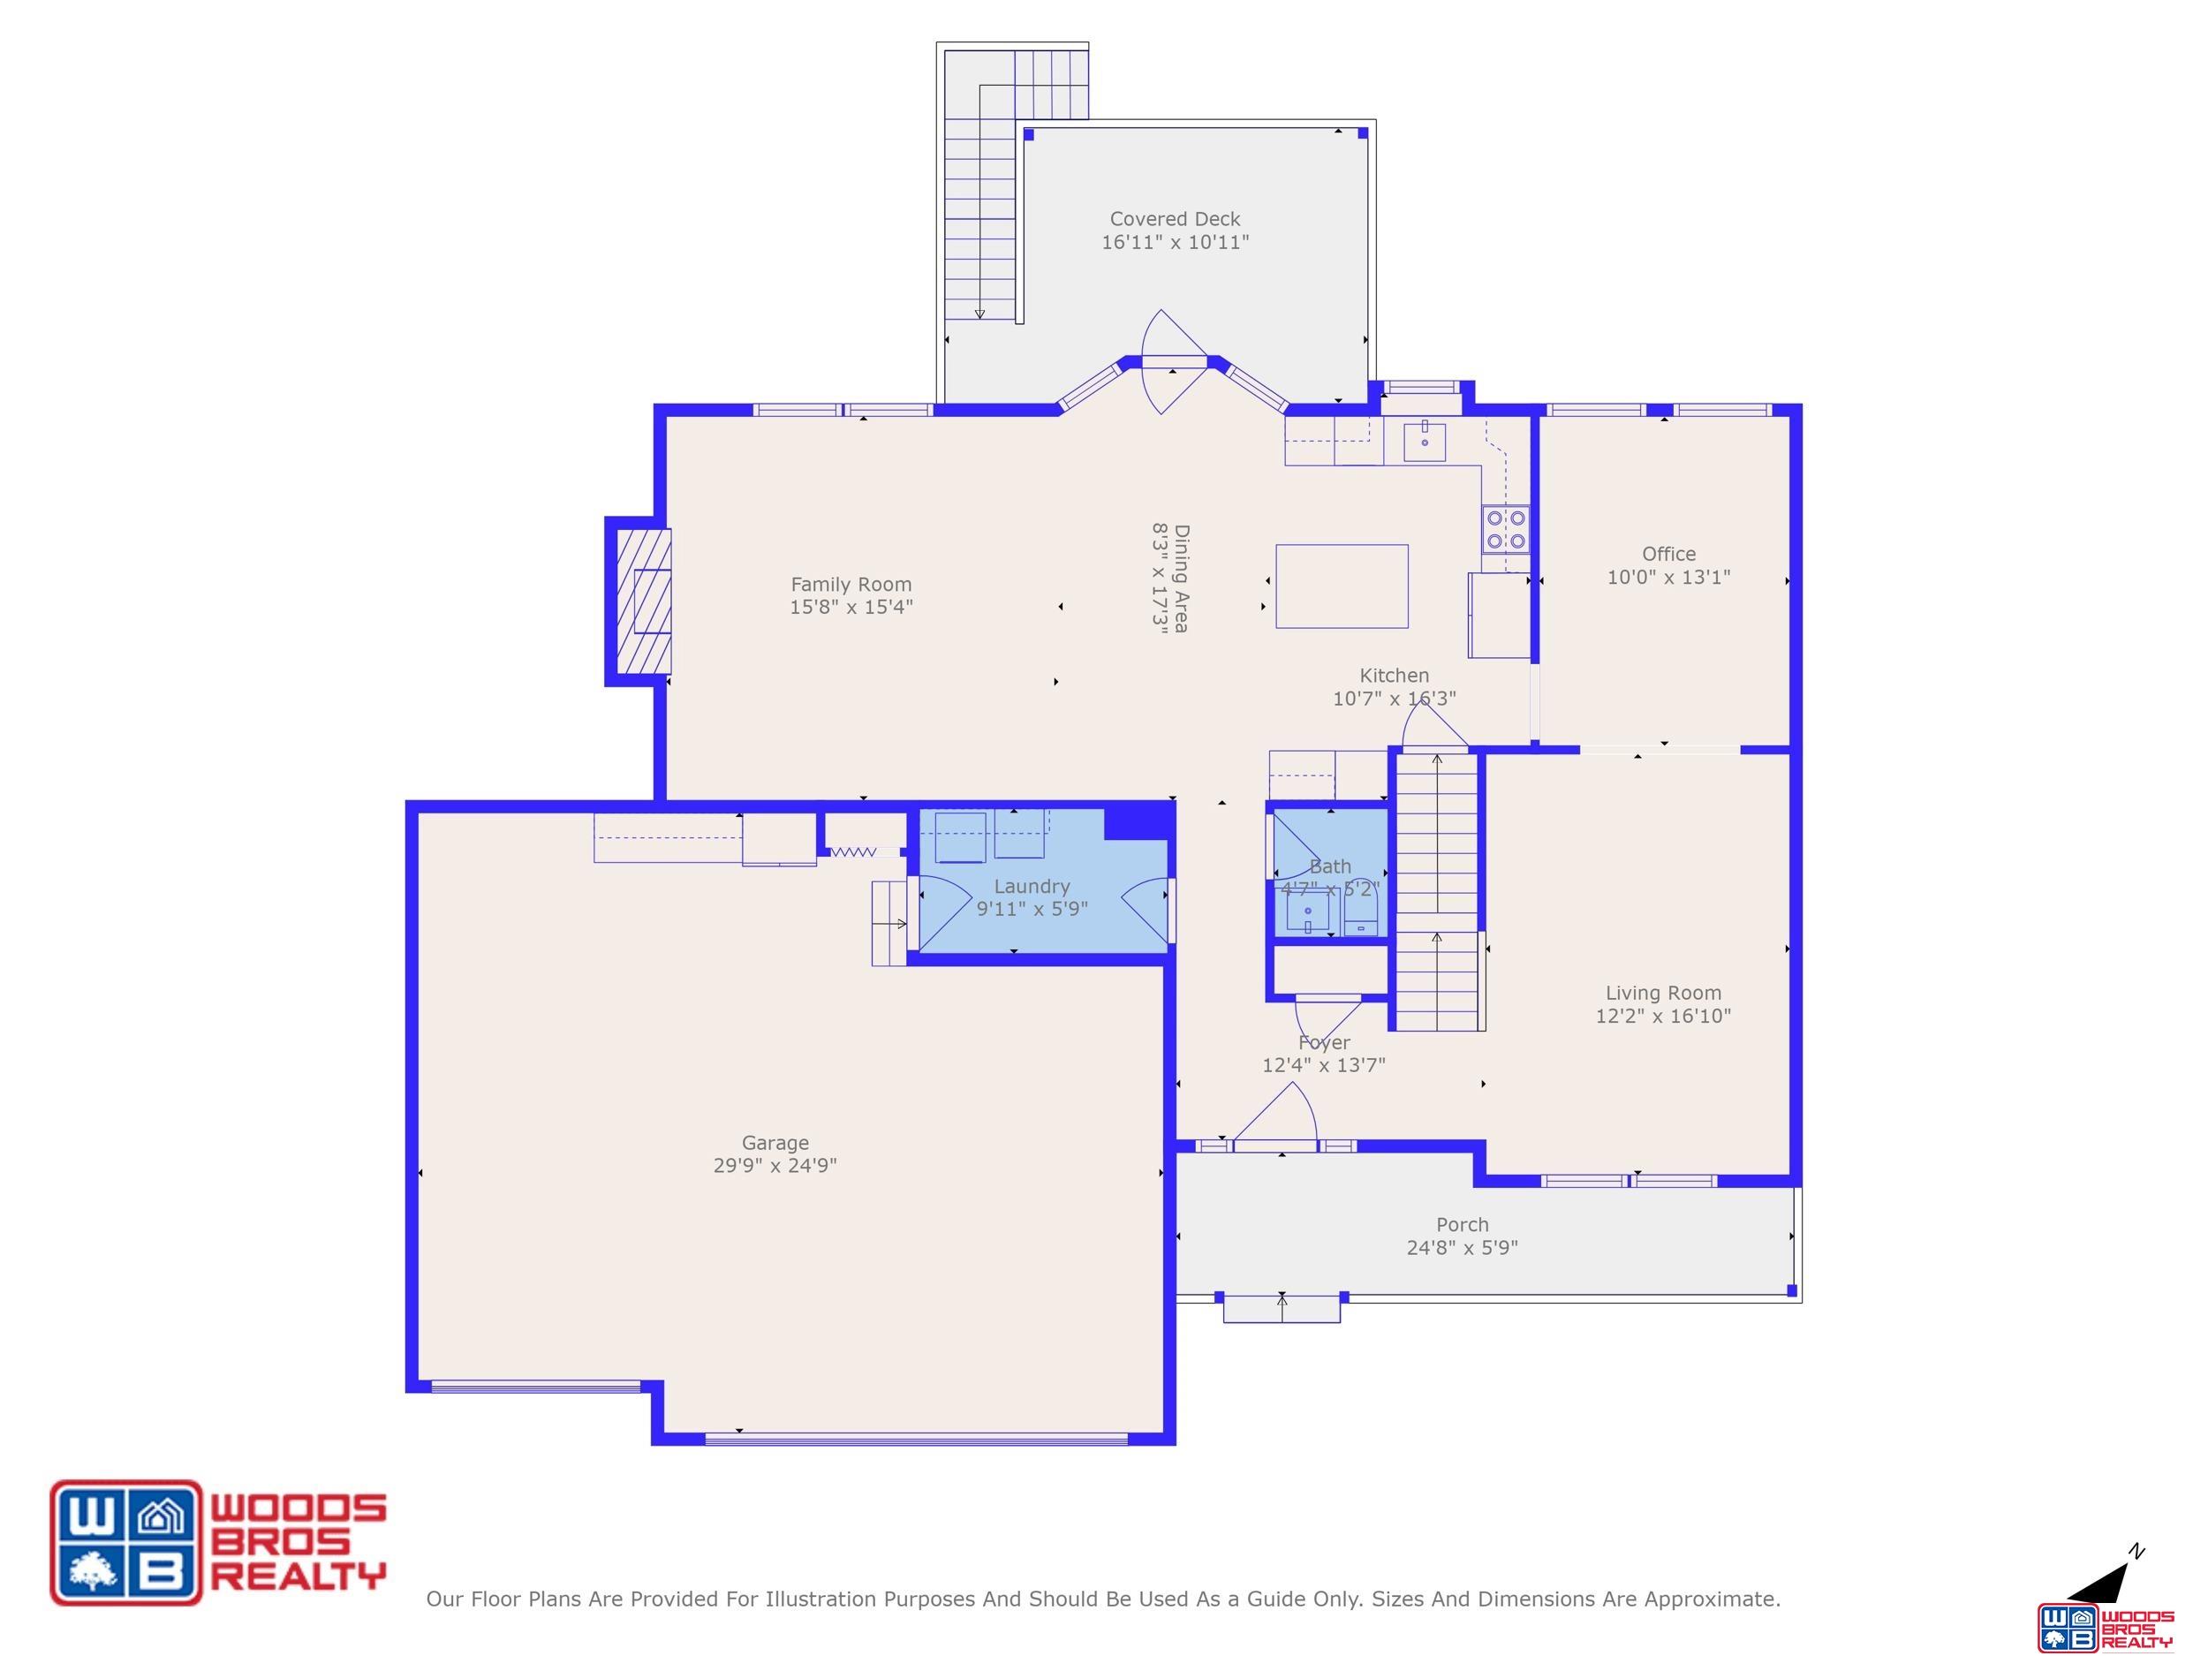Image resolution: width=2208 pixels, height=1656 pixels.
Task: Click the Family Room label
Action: coord(851,585)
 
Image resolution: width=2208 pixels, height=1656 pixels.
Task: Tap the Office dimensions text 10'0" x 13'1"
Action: coord(1668,577)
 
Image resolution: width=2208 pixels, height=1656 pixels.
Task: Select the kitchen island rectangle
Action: coord(1342,586)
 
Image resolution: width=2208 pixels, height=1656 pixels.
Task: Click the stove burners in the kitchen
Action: coord(1505,530)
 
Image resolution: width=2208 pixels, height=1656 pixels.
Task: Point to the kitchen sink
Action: coord(1425,442)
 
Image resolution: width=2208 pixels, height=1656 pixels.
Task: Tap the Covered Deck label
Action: coord(1175,219)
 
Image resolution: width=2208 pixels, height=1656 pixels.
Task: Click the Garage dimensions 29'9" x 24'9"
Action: coord(775,1165)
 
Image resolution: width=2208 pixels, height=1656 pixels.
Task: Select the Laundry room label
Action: coord(1031,887)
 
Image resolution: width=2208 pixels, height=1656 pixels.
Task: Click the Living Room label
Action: coord(1663,994)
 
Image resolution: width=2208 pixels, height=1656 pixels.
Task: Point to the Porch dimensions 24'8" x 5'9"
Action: coord(1462,1247)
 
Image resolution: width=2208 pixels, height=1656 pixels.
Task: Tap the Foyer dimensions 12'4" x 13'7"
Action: coord(1324,1065)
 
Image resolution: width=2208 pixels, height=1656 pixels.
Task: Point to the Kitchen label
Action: coord(1394,676)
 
